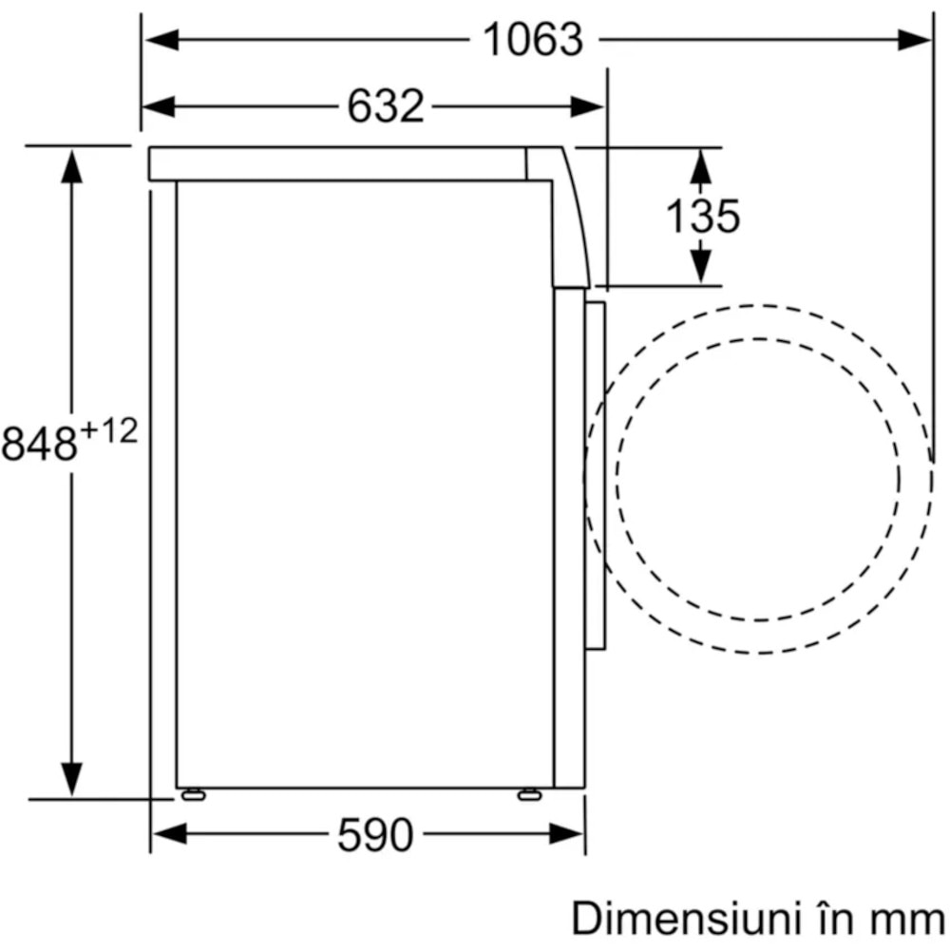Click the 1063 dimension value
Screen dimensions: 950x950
click(x=533, y=40)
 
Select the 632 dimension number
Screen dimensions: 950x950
click(x=386, y=106)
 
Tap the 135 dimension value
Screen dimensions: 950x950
click(x=702, y=216)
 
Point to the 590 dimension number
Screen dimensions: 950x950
click(x=375, y=835)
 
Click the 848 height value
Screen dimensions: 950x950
click(x=39, y=444)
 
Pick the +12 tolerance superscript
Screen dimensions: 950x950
click(x=109, y=431)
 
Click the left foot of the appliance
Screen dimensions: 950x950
click(x=193, y=794)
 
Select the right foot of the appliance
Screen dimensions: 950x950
click(x=529, y=794)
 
